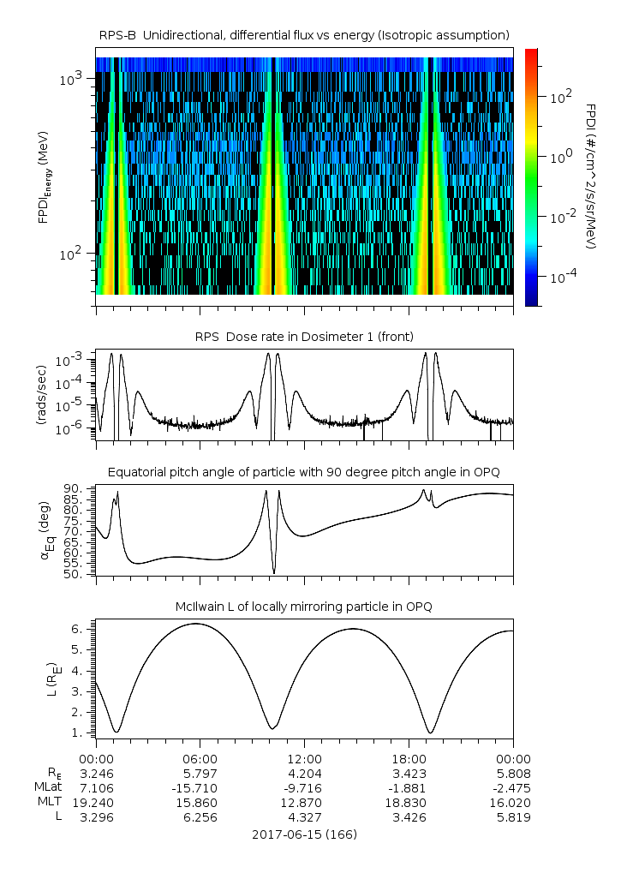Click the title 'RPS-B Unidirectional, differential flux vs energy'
[x=304, y=34]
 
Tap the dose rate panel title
[x=304, y=335]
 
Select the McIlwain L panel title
[x=304, y=607]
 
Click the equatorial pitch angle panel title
[x=304, y=472]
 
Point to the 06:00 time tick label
[x=200, y=759]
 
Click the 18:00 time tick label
[x=409, y=759]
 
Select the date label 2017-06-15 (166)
[x=304, y=834]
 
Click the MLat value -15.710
[x=200, y=788]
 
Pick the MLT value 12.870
[x=304, y=803]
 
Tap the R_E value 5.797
[x=200, y=774]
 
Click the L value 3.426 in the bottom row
[x=409, y=817]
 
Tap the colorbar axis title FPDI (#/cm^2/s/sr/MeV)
[x=590, y=176]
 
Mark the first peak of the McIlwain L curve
[x=196, y=624]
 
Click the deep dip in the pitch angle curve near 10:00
[x=274, y=572]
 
